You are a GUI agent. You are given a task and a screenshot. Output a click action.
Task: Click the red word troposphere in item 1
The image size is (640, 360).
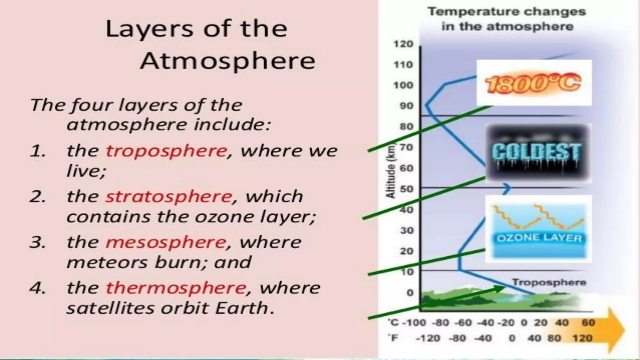(x=166, y=151)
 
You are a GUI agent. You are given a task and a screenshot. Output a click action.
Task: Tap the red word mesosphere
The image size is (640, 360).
(x=166, y=242)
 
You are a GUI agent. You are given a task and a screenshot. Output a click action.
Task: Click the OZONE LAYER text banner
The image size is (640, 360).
(x=539, y=238)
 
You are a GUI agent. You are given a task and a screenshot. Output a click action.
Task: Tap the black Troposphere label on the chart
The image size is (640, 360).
(x=549, y=282)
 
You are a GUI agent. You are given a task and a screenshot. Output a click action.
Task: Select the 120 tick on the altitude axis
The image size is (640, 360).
(x=403, y=44)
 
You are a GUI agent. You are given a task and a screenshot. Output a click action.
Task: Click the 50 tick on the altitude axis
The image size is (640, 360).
(x=406, y=189)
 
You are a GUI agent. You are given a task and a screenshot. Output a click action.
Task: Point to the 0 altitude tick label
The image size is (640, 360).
(x=410, y=293)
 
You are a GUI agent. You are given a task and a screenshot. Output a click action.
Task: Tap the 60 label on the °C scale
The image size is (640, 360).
(x=588, y=323)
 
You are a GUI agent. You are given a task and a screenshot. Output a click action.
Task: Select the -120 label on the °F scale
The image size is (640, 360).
(x=428, y=338)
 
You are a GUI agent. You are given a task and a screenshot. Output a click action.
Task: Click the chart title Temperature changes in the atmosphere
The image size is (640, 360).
(x=507, y=19)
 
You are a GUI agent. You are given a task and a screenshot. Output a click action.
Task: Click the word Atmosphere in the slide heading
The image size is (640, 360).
(x=227, y=61)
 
